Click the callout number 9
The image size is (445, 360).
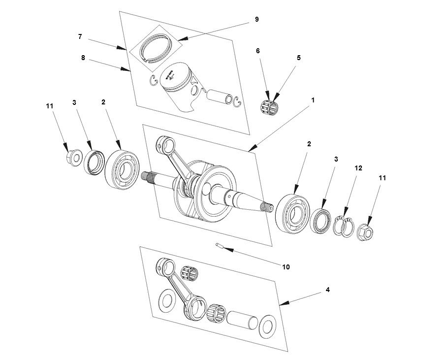pyautogui.click(x=256, y=19)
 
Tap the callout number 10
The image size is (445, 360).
pyautogui.click(x=286, y=267)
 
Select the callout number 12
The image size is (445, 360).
pyautogui.click(x=358, y=168)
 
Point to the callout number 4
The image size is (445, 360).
pyautogui.click(x=327, y=290)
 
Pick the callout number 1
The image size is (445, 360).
pyautogui.click(x=313, y=99)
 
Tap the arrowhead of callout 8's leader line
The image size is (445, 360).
pyautogui.click(x=128, y=71)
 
